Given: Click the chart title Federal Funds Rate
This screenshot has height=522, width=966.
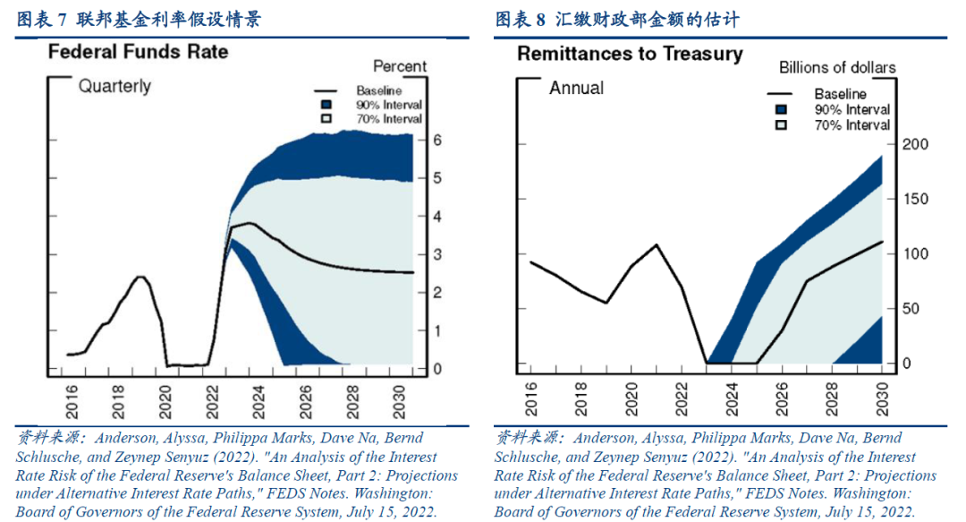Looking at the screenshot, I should click(x=138, y=52).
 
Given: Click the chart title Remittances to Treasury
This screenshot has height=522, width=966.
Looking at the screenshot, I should click(x=630, y=54).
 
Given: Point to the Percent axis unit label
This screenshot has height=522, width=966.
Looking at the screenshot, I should click(x=400, y=66).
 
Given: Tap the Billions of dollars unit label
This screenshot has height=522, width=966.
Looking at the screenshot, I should click(x=837, y=68).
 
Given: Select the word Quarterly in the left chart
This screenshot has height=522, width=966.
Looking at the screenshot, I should click(x=114, y=87).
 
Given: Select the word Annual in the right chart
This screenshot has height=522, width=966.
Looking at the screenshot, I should click(x=576, y=88).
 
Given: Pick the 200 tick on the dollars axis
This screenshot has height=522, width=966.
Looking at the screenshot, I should click(x=917, y=145).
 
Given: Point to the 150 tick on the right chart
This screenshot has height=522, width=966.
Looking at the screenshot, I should click(x=917, y=200).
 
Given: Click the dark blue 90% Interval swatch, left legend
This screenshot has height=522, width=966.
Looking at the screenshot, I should click(x=325, y=105).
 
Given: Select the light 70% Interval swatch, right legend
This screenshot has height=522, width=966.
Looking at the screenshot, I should click(x=781, y=125).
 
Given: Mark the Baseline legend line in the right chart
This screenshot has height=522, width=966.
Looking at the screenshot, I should click(x=781, y=94).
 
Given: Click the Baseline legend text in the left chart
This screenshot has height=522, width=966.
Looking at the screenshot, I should click(x=378, y=91).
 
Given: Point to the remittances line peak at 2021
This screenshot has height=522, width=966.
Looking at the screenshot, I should click(x=657, y=244).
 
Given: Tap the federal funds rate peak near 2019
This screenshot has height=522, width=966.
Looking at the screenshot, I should click(x=140, y=277).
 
